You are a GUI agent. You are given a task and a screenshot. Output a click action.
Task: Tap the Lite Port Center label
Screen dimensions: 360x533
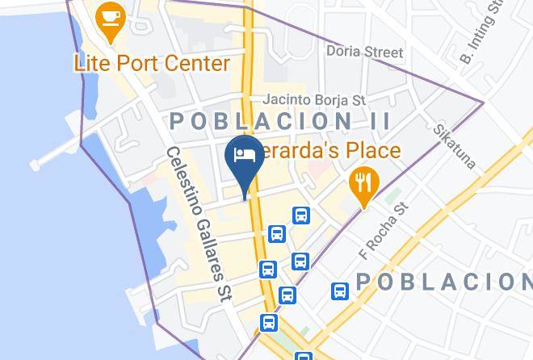pos(152,62)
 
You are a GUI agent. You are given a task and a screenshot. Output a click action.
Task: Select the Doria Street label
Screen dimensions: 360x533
pos(364,52)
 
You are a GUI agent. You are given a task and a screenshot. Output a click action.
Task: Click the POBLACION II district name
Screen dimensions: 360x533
pos(280,122)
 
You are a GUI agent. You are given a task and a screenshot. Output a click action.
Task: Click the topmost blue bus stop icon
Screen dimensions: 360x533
pos(301,216)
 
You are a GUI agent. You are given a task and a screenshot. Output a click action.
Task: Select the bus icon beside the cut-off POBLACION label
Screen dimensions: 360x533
pos(340,291)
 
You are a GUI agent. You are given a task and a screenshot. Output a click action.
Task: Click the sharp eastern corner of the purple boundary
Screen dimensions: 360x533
pos(483,103)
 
